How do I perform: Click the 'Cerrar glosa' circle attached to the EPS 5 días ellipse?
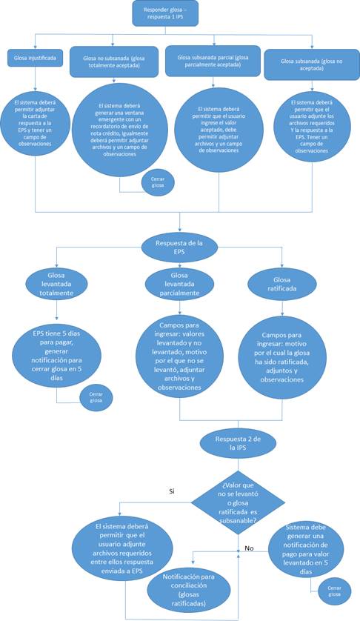click(96, 396)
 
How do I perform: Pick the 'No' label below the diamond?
click(249, 549)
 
